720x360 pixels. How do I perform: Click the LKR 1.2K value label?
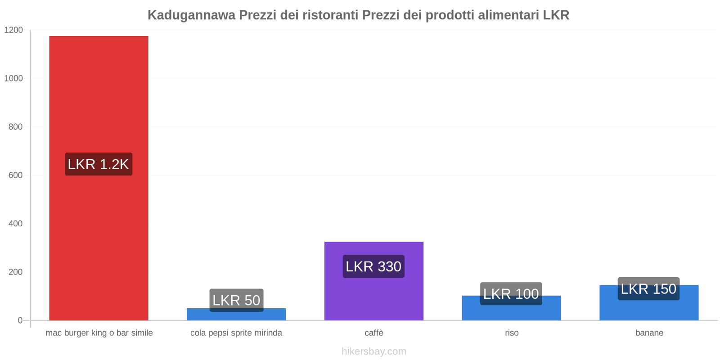99,164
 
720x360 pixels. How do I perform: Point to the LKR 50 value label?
236,300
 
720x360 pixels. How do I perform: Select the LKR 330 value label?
373,266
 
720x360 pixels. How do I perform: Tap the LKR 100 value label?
511,294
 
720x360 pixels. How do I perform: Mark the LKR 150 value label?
648,289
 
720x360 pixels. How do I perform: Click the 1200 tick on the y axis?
13,30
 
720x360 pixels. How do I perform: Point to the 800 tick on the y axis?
15,127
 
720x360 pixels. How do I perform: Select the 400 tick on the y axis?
15,224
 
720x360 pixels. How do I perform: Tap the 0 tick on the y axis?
20,320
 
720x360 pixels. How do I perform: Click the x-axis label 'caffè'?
374,333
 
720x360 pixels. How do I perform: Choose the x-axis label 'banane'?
649,333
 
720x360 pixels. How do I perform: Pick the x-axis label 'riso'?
512,333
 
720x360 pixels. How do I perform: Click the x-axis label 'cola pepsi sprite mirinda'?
236,333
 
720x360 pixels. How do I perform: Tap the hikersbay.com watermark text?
373,351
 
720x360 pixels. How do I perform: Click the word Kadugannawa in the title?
191,15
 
